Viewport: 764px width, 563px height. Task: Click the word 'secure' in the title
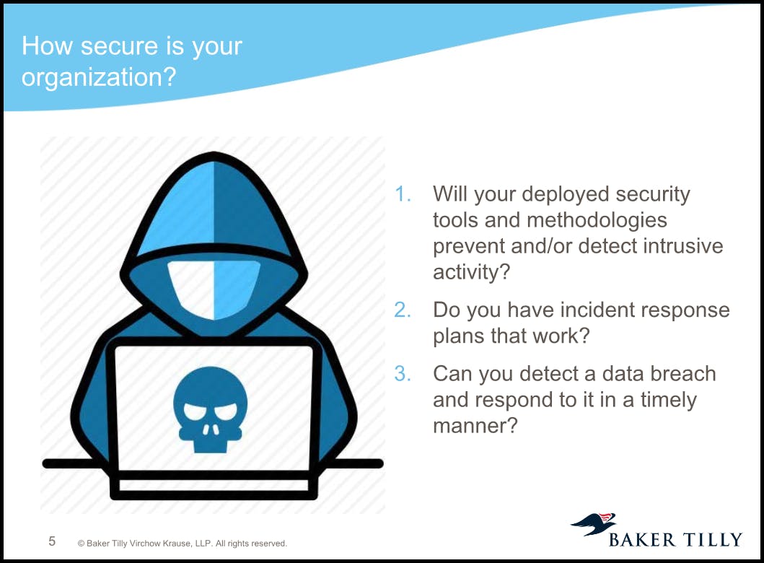[119, 46]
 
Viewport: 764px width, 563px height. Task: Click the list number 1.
[403, 194]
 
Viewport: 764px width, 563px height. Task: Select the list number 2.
[403, 310]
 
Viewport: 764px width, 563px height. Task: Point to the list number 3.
[403, 374]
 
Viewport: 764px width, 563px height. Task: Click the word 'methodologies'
[597, 221]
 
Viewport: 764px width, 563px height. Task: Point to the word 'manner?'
[475, 426]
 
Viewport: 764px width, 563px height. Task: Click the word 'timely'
[669, 401]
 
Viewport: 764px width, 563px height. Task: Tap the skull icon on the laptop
[211, 409]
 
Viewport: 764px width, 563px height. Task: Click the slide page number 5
[52, 541]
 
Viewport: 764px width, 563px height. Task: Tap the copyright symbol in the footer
[81, 544]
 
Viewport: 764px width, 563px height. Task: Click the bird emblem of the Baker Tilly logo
[594, 523]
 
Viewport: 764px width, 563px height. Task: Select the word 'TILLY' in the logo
[712, 540]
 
